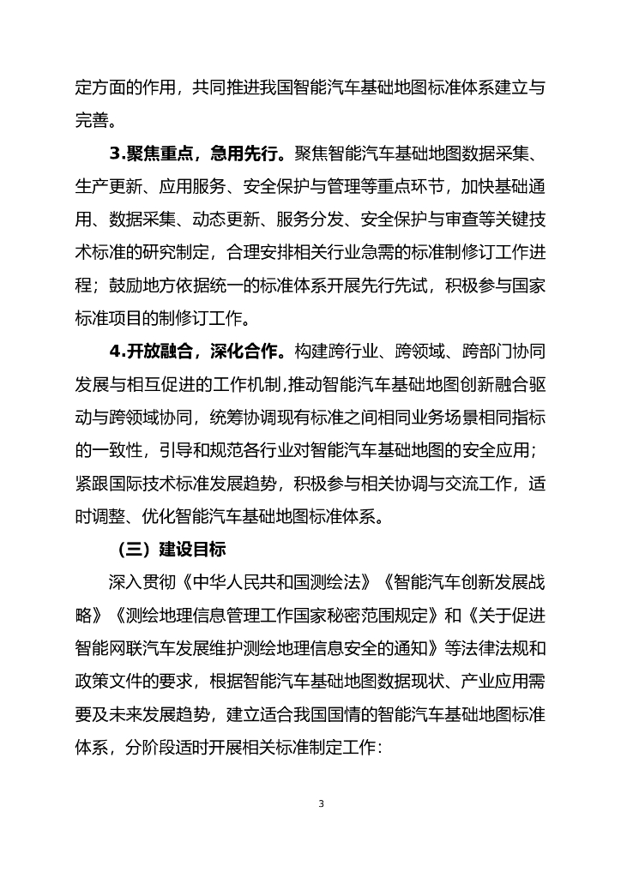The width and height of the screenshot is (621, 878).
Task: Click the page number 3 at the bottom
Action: [321, 803]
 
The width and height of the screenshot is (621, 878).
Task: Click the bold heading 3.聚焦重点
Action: [151, 154]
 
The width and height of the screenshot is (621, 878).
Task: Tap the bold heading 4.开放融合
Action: [151, 351]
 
